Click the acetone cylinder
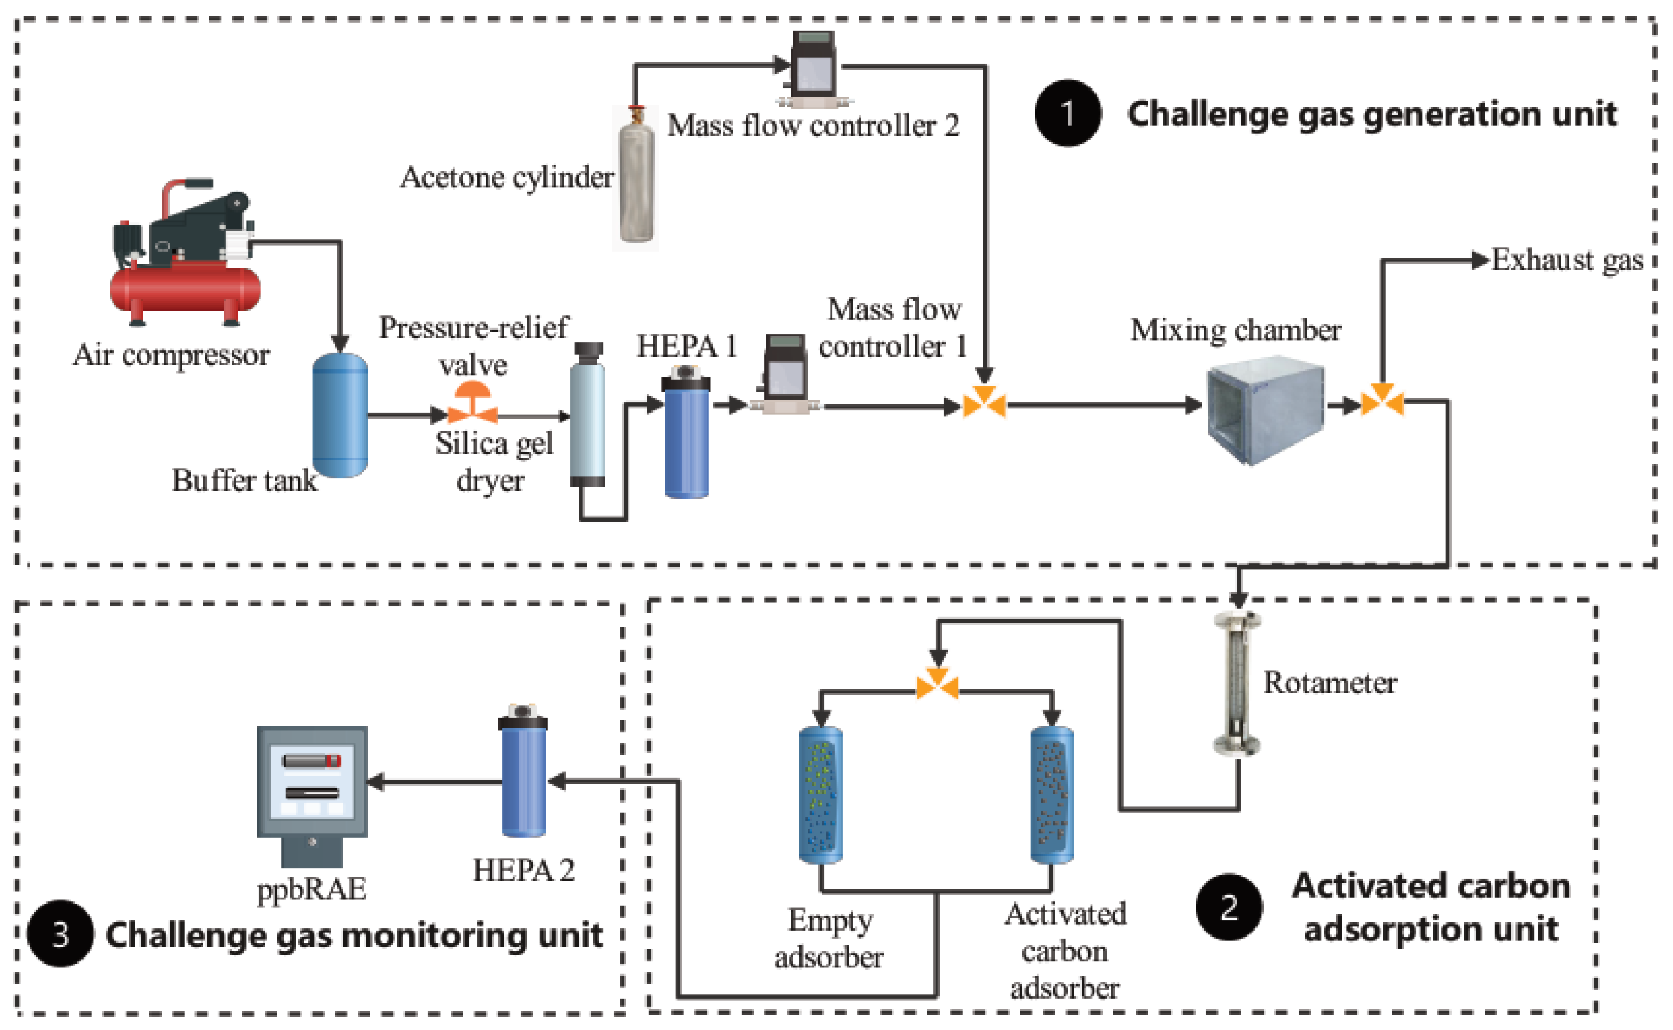pos(636,181)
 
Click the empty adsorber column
pos(821,794)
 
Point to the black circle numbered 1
pos(1068,113)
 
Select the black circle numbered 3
pos(60,934)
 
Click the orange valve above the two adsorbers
pos(937,684)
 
